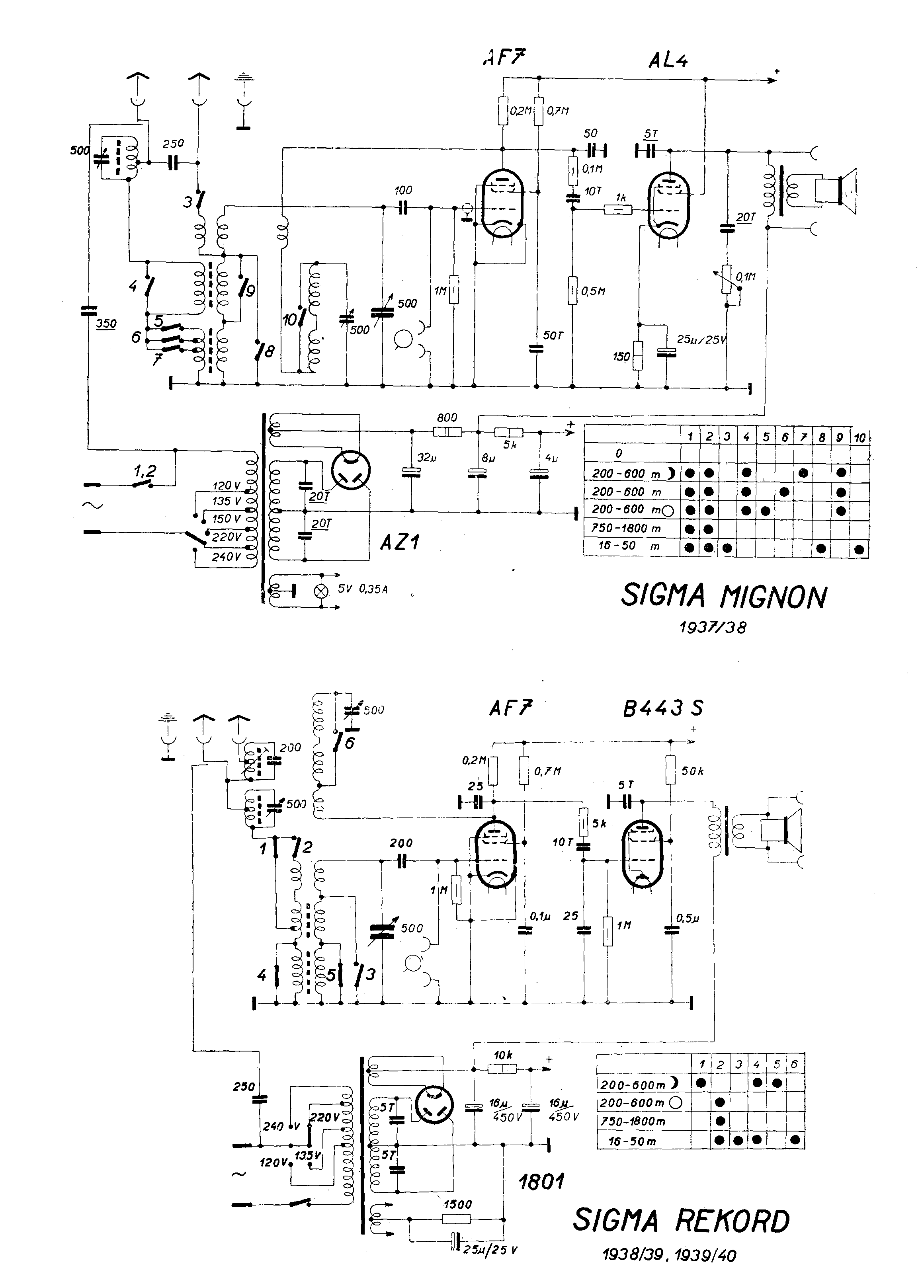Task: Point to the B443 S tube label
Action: point(662,709)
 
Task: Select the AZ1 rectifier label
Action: point(400,542)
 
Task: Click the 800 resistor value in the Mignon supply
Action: point(447,417)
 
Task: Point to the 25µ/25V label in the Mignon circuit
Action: point(701,340)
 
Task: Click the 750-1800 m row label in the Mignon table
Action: point(626,528)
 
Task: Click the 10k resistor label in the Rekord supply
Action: point(503,1055)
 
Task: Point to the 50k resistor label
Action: point(692,771)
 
